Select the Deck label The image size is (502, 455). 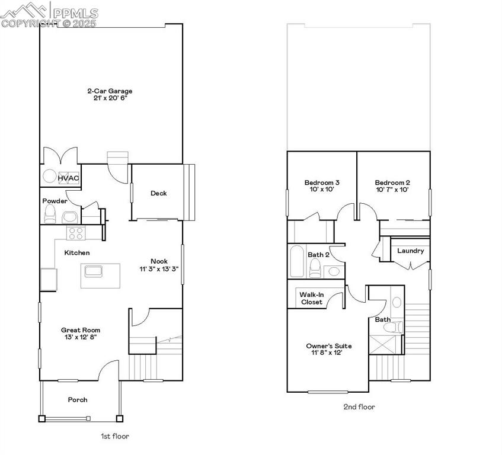tap(158, 193)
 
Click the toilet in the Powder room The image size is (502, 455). tap(50, 214)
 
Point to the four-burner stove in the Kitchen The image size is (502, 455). tap(75, 233)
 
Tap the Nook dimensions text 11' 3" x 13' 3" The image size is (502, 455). tap(158, 268)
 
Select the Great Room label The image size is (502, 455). tap(81, 330)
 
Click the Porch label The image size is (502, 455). tap(78, 400)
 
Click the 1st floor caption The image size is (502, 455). tap(114, 436)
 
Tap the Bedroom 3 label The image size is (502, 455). tap(322, 182)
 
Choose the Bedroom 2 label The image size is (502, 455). tap(392, 182)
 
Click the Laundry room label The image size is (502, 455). tap(410, 251)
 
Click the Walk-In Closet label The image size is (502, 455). tap(311, 298)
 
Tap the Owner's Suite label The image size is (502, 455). tap(329, 346)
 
